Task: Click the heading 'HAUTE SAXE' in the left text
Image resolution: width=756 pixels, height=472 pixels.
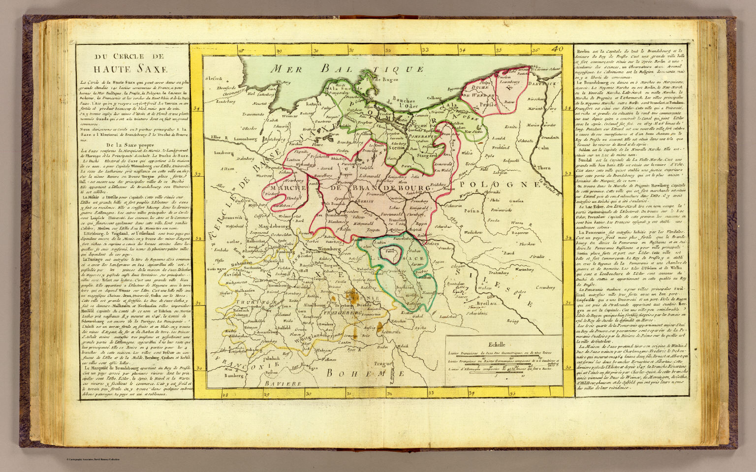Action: coord(125,68)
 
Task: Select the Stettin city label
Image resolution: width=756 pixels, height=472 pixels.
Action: coord(397,146)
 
